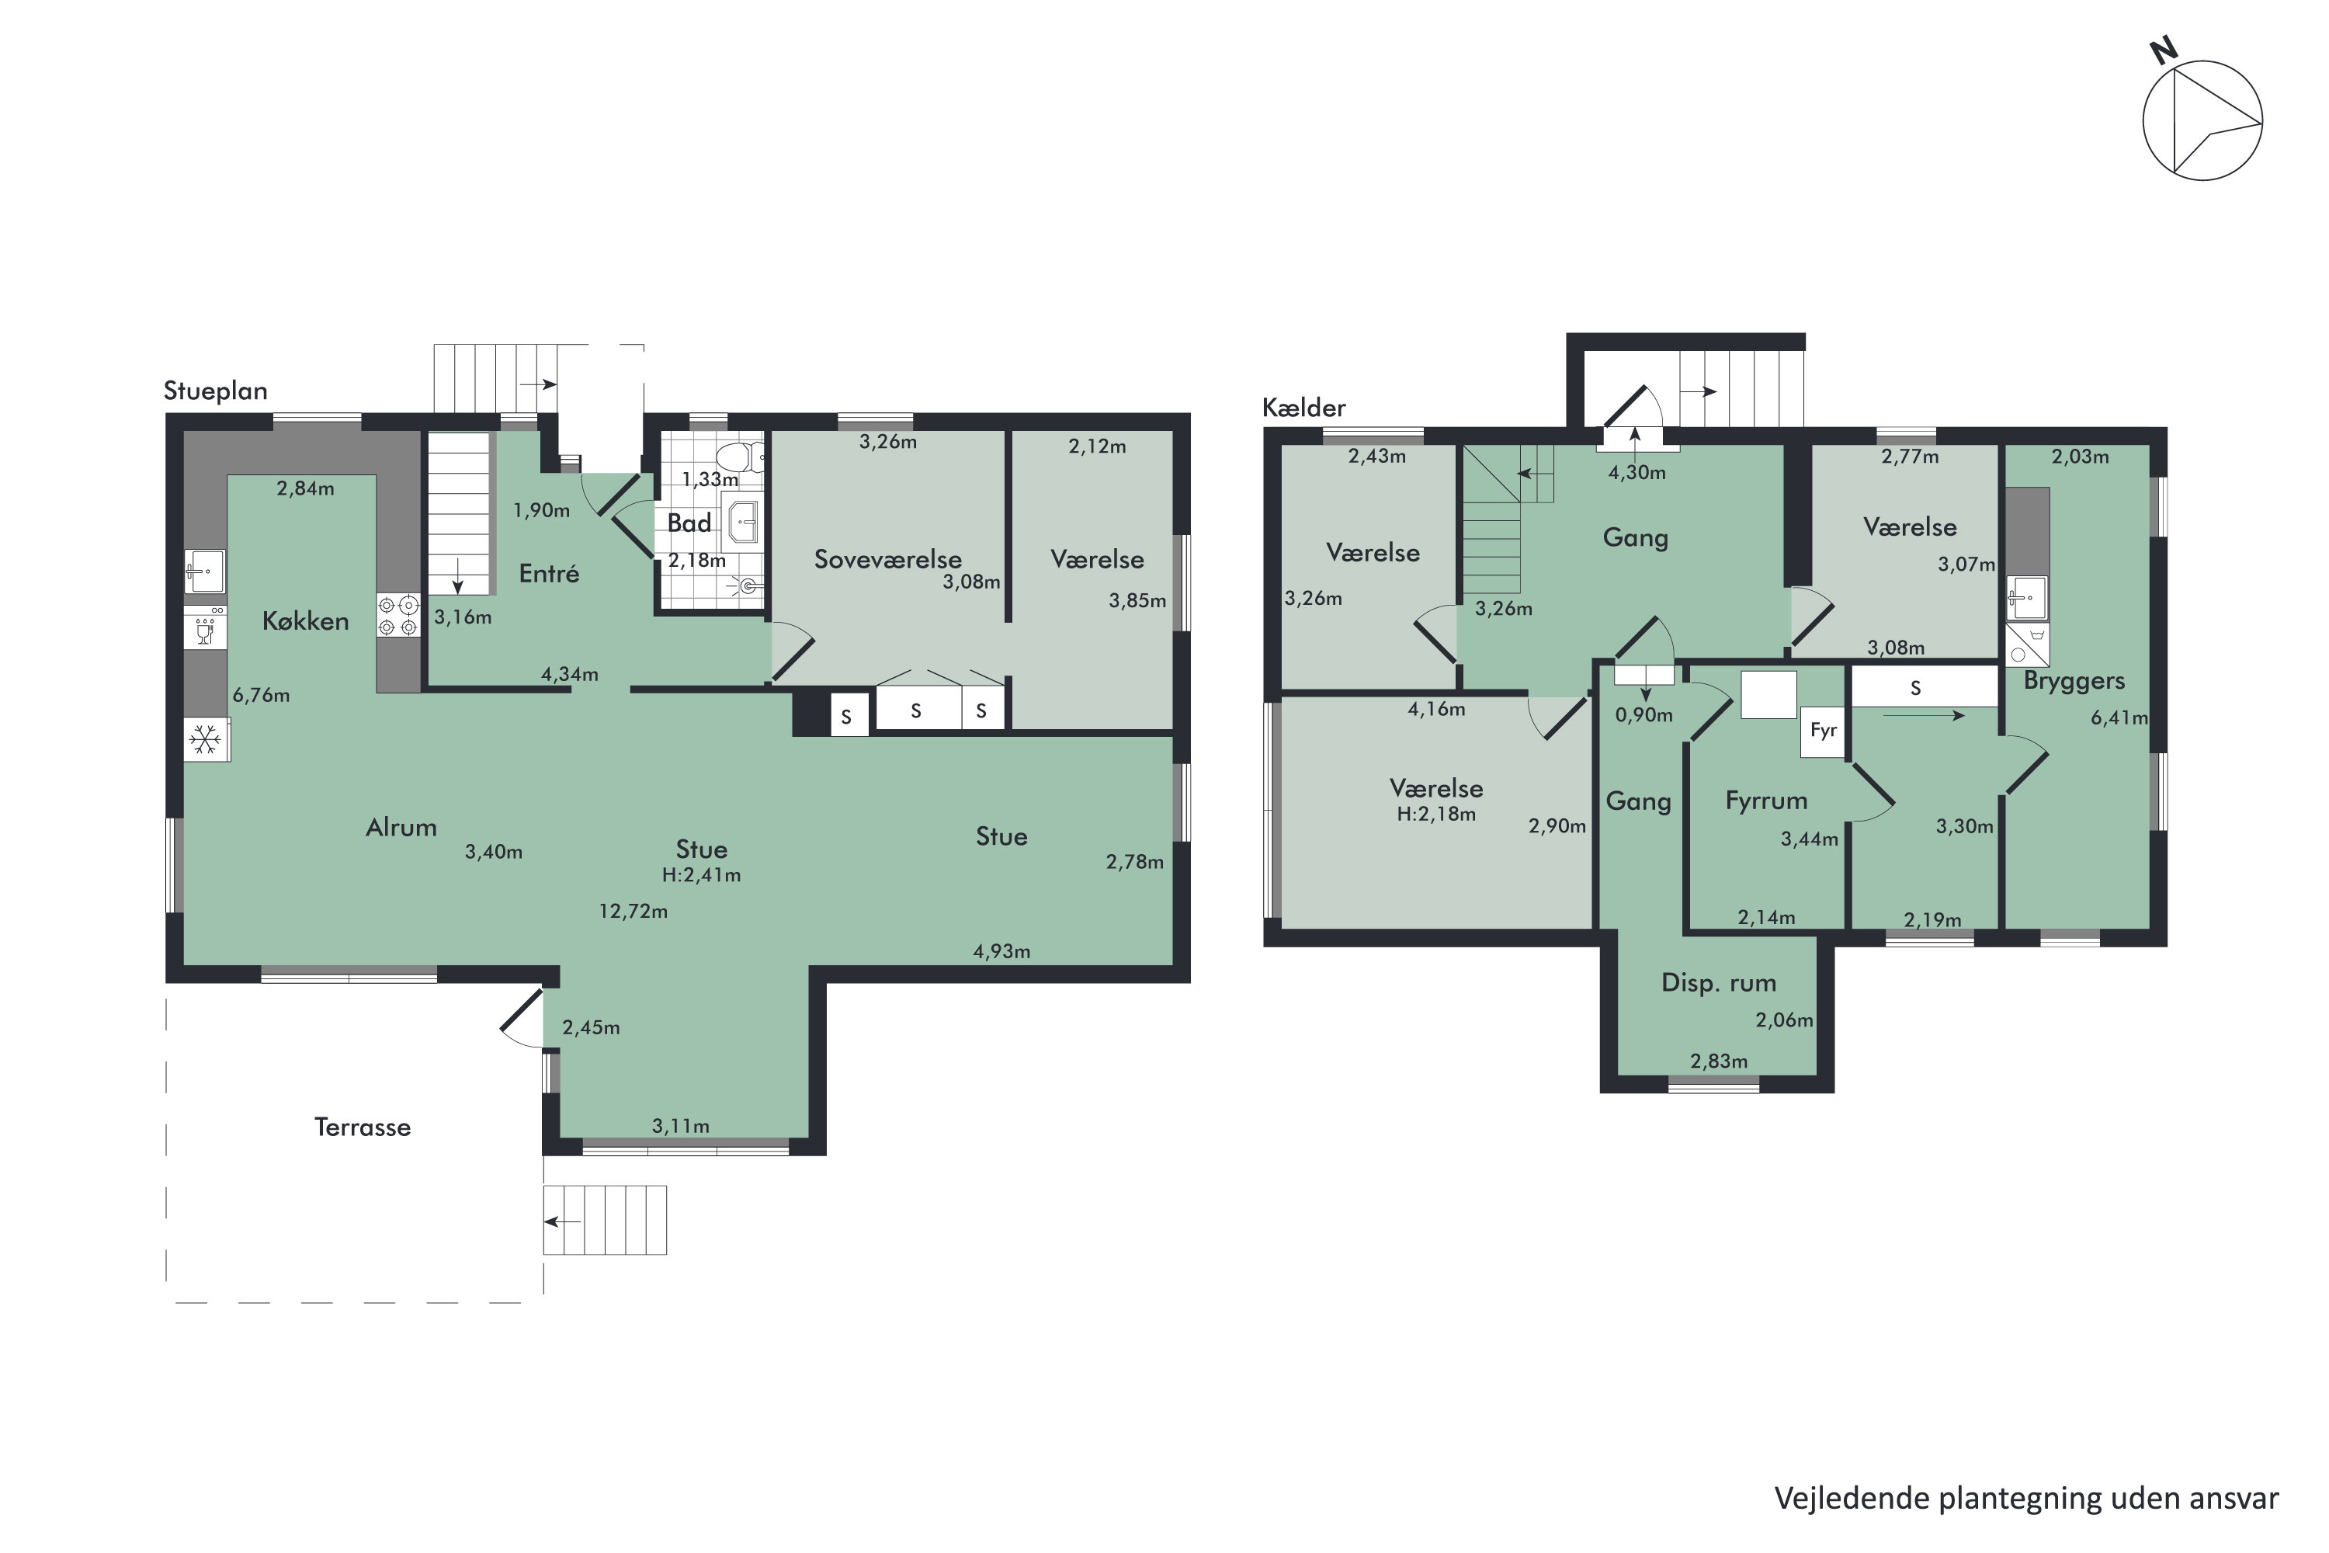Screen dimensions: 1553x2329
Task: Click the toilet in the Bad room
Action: click(738, 457)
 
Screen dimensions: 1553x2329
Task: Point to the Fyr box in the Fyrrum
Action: click(1823, 731)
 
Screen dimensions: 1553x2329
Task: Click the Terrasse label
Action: click(363, 1127)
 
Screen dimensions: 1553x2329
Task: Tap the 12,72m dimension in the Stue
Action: click(633, 911)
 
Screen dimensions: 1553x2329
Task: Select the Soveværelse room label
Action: click(887, 560)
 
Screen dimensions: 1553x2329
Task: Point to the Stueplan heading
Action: click(215, 391)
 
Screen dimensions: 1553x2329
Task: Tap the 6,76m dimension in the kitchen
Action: click(262, 695)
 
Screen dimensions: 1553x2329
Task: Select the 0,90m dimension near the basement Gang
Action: click(1643, 714)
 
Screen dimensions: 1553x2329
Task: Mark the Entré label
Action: click(549, 574)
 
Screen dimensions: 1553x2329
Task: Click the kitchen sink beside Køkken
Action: click(204, 572)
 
